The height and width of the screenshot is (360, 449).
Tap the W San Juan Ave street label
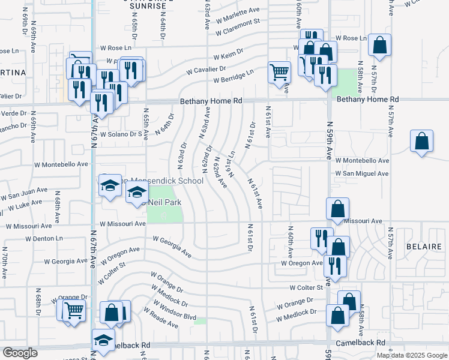pyautogui.click(x=24, y=194)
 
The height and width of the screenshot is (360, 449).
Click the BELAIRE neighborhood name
pyautogui.click(x=424, y=247)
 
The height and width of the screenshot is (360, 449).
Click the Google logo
pyautogui.click(x=19, y=353)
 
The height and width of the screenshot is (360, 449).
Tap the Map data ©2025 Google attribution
pyautogui.click(x=412, y=355)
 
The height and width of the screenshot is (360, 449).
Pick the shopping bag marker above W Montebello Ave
pyautogui.click(x=422, y=142)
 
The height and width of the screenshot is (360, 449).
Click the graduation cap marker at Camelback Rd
pyautogui.click(x=104, y=339)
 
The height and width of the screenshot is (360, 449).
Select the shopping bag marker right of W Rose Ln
pyautogui.click(x=379, y=45)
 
